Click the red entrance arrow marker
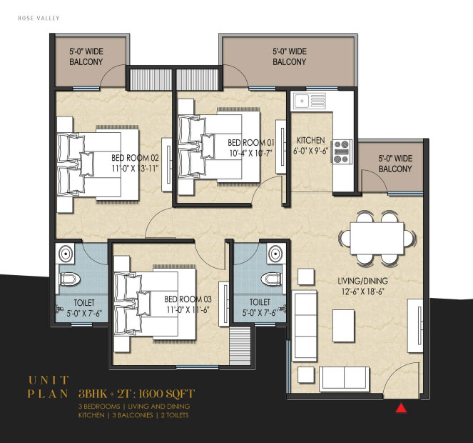pos(401,408)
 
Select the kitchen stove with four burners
pos(342,151)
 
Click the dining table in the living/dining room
pos(377,239)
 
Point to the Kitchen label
pos(311,141)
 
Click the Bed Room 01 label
pos(251,142)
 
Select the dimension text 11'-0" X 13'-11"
pos(135,169)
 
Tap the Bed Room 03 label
pos(188,299)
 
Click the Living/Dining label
pos(362,281)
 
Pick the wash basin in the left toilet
pos(65,253)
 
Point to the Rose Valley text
pos(39,18)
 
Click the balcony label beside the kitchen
pos(395,164)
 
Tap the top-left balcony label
pos(86,56)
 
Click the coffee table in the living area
pos(343,326)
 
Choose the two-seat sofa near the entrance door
pos(344,379)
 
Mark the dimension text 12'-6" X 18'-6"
pos(362,292)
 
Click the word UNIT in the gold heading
pos(49,380)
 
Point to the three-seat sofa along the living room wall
pos(304,326)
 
